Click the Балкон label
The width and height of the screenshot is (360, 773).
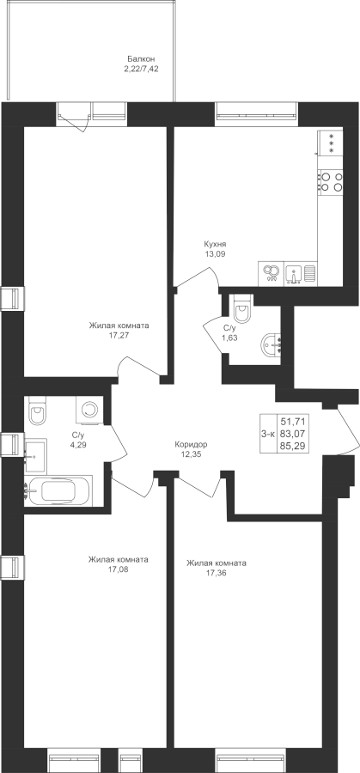(137, 59)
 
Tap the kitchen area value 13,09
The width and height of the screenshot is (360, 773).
(216, 254)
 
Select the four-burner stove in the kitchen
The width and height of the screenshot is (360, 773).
(331, 181)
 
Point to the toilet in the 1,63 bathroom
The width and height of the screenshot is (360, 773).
(242, 309)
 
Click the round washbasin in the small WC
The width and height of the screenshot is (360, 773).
(271, 344)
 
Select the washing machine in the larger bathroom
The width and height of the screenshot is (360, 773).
(89, 409)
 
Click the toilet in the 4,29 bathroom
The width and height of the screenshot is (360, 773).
(36, 411)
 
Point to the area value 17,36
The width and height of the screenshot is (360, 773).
(216, 573)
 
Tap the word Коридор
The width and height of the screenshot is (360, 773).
(191, 444)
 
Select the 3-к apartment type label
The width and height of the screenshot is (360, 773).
(268, 434)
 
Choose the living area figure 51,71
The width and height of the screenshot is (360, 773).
(291, 422)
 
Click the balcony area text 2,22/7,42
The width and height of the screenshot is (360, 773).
(141, 70)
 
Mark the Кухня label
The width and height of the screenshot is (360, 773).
(216, 244)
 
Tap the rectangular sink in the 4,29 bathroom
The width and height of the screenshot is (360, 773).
(35, 450)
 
